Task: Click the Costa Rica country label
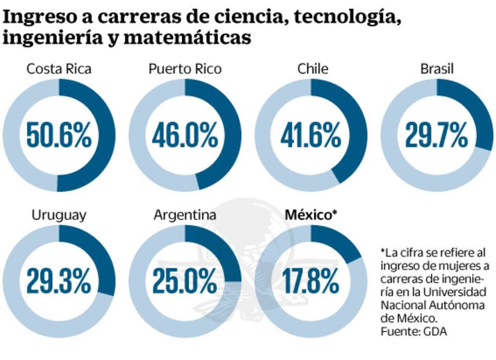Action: point(59,69)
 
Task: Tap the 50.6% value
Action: point(59,135)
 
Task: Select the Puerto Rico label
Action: point(184,69)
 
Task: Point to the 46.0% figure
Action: point(184,135)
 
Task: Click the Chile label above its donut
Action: point(312,69)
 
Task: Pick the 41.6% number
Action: point(311,135)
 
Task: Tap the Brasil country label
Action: point(437,69)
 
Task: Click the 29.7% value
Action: point(436,135)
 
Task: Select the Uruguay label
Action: point(59,215)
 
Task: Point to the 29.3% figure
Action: point(59,282)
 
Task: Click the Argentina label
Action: point(184,215)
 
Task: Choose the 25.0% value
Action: point(184,282)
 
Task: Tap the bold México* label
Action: point(311,215)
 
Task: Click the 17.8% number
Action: point(311,282)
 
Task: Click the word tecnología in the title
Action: point(347,17)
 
